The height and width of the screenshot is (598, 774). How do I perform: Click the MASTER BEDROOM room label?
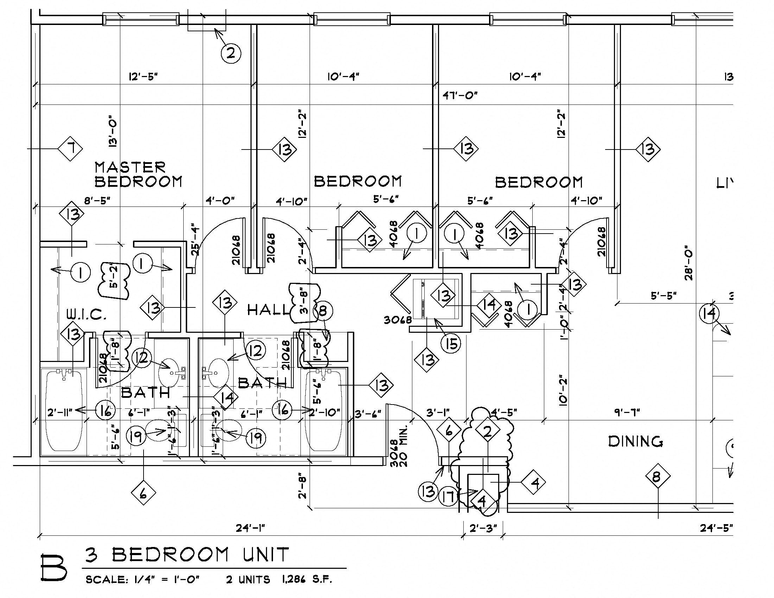(x=138, y=174)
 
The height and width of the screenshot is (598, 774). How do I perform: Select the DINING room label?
(x=635, y=442)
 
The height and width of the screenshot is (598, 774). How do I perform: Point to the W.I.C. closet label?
(x=87, y=314)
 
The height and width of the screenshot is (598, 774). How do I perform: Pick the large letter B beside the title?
(x=53, y=567)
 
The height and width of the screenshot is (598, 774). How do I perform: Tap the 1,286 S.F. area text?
(x=307, y=580)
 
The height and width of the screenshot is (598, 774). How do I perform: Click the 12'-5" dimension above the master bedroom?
(x=143, y=77)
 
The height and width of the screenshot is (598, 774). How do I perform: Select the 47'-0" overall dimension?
(x=460, y=95)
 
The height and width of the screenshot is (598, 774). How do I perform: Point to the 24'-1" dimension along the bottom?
(x=250, y=528)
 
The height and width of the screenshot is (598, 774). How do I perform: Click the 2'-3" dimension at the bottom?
(x=483, y=528)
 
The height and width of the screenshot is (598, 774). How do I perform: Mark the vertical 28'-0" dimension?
(x=689, y=263)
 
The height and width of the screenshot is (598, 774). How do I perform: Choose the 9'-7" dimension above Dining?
(x=627, y=412)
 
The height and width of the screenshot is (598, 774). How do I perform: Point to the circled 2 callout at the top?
(x=231, y=53)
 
